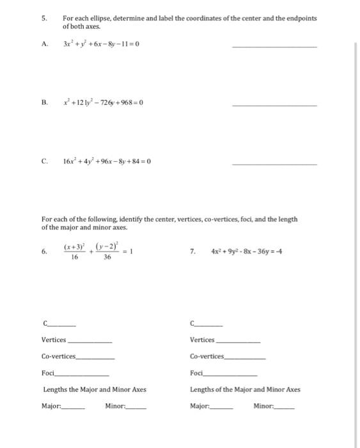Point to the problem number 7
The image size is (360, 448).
[x=192, y=252]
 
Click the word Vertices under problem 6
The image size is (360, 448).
[x=54, y=339]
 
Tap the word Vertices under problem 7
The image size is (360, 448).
[x=202, y=339]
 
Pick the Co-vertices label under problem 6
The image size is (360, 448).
[x=58, y=356]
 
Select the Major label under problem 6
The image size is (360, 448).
[x=52, y=406]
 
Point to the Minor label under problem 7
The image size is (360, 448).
[x=264, y=406]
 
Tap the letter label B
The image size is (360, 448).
[x=44, y=102]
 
